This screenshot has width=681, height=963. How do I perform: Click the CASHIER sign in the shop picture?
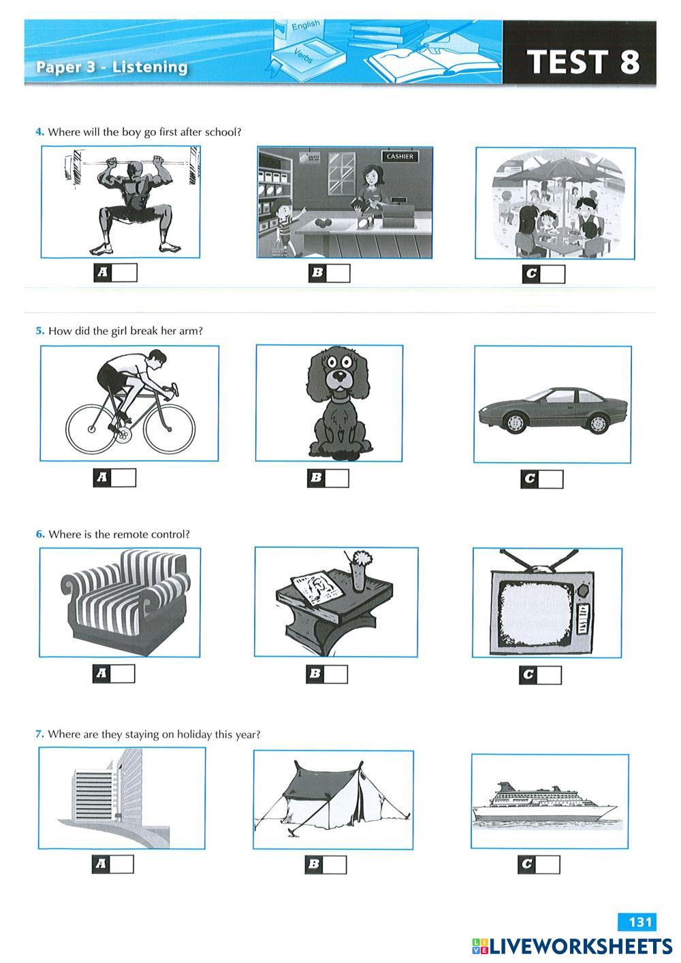pos(400,157)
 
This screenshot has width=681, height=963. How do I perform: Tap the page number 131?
pos(640,921)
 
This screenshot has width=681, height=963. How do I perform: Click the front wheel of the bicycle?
pos(169,428)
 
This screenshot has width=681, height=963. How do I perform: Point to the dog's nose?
pos(339,374)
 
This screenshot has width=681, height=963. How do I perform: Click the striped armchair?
pos(125,602)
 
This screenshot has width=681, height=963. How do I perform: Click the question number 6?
pos(40,534)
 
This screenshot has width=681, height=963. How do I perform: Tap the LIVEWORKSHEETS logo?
pos(572,946)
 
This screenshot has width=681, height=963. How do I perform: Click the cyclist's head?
pos(157,358)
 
